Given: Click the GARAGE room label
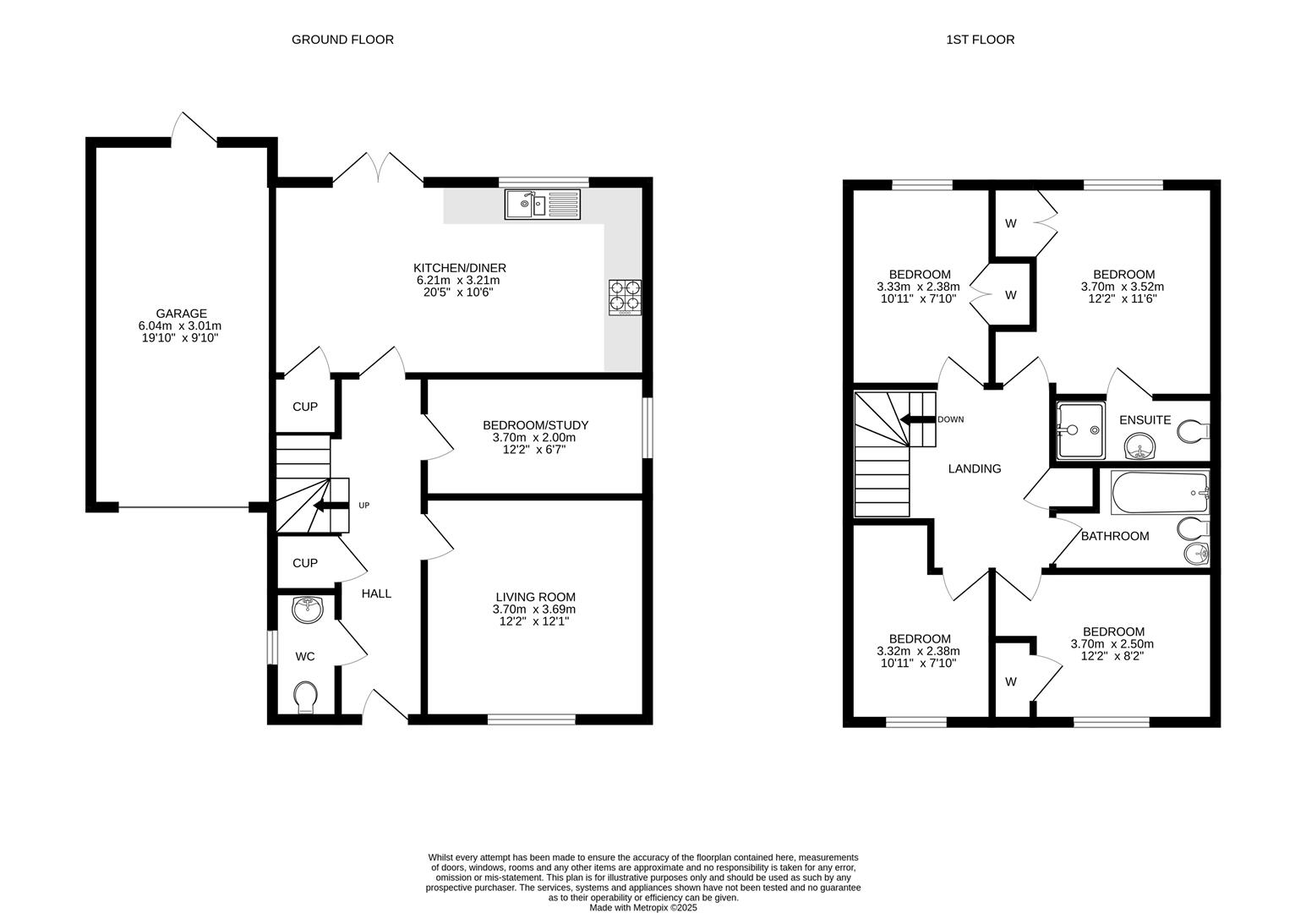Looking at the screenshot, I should tap(180, 314).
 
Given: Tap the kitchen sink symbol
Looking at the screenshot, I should tap(543, 205).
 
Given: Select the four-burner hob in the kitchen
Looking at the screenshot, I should tap(625, 298).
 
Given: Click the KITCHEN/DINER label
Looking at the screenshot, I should tap(459, 268).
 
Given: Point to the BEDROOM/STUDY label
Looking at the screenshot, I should tap(535, 425).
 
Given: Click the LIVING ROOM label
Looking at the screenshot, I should tap(535, 597).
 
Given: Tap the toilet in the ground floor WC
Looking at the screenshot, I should tap(305, 697).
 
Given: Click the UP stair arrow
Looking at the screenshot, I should tap(331, 506).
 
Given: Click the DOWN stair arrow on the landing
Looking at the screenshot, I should tap(917, 419).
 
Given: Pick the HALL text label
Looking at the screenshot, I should tap(376, 593).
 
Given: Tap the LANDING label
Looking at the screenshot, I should tap(974, 468).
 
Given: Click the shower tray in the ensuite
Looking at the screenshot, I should tap(1080, 429).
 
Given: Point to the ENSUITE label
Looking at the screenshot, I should tap(1145, 419).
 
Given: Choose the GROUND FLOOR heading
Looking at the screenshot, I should tap(342, 39).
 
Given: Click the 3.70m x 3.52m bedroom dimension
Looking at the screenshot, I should tap(1123, 287).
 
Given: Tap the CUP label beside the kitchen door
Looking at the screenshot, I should tap(304, 407).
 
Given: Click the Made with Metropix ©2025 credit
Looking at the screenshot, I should tap(642, 908).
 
